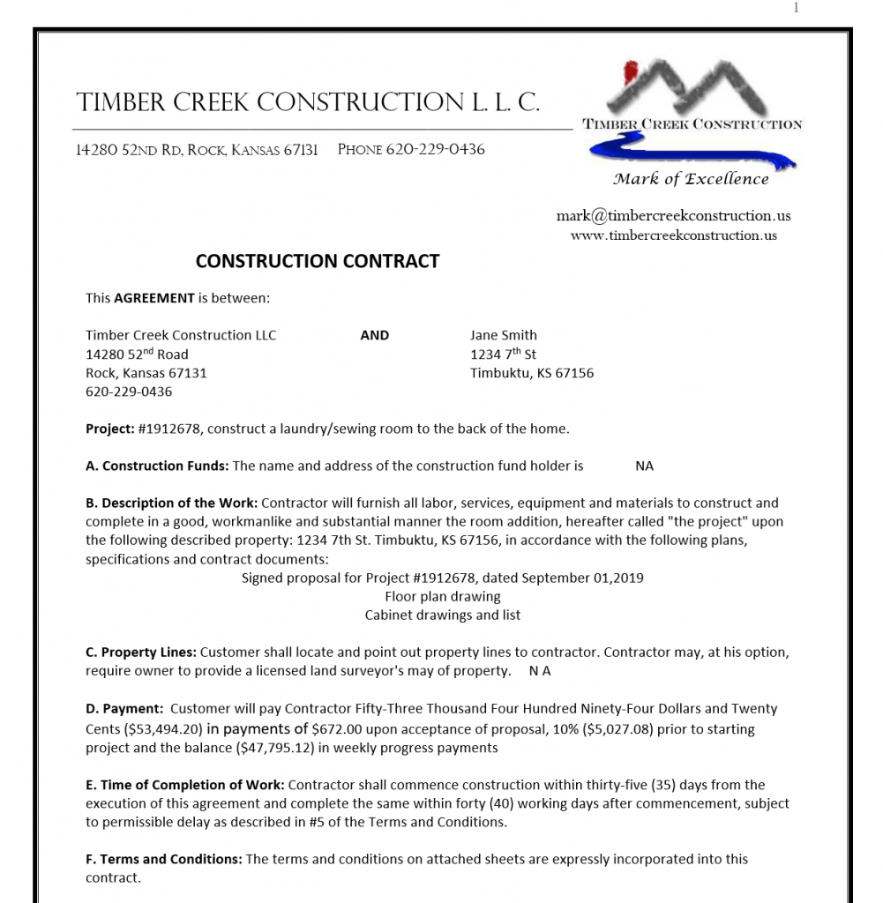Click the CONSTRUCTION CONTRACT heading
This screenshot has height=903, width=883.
click(x=317, y=261)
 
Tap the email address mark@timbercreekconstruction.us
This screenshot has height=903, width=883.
click(x=673, y=216)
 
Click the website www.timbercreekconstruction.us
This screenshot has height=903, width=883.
click(x=673, y=235)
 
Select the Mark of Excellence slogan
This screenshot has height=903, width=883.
click(x=691, y=179)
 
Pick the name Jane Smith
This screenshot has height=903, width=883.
click(x=503, y=335)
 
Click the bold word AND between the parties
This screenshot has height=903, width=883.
click(x=375, y=335)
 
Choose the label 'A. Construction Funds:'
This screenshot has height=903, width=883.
click(x=157, y=466)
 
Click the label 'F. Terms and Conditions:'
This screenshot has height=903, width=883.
click(x=163, y=859)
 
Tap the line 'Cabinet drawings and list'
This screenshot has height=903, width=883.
click(x=443, y=615)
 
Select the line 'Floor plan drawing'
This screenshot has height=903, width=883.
click(x=443, y=596)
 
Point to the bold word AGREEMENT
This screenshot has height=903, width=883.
click(x=153, y=298)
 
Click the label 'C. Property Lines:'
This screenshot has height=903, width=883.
click(x=141, y=653)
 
